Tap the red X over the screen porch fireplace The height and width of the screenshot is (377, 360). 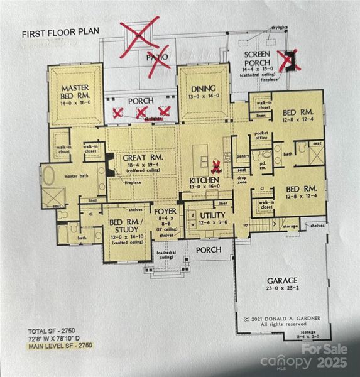pos(290,60)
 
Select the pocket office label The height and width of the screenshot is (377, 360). pos(263,136)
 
